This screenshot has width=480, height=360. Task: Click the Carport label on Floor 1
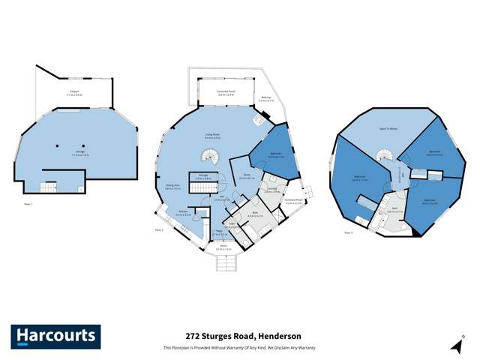click(75, 94)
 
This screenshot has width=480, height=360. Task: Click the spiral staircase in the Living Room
click(210, 157)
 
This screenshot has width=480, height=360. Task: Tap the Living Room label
click(212, 136)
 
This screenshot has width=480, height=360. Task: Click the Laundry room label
click(271, 190)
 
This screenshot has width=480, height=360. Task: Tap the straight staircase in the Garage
click(49, 185)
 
